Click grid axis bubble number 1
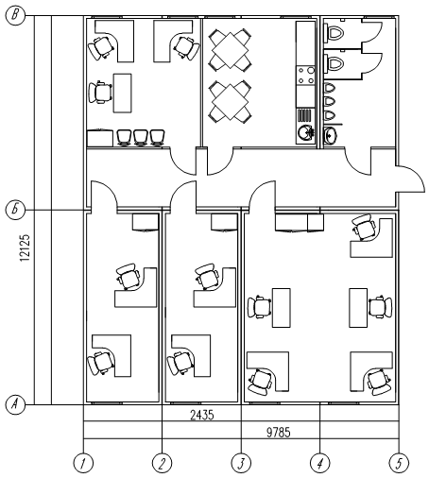(x=83, y=463)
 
